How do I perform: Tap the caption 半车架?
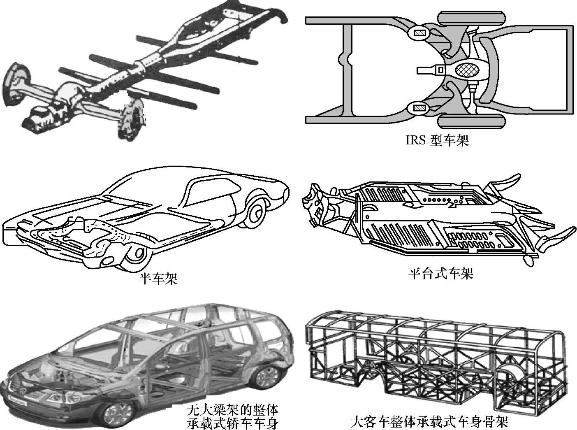[158, 280]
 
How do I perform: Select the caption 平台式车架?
[440, 273]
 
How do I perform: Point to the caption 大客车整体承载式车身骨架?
[430, 422]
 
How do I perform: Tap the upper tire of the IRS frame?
[472, 19]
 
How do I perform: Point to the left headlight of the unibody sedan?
[53, 398]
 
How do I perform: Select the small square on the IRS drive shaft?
[440, 70]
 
